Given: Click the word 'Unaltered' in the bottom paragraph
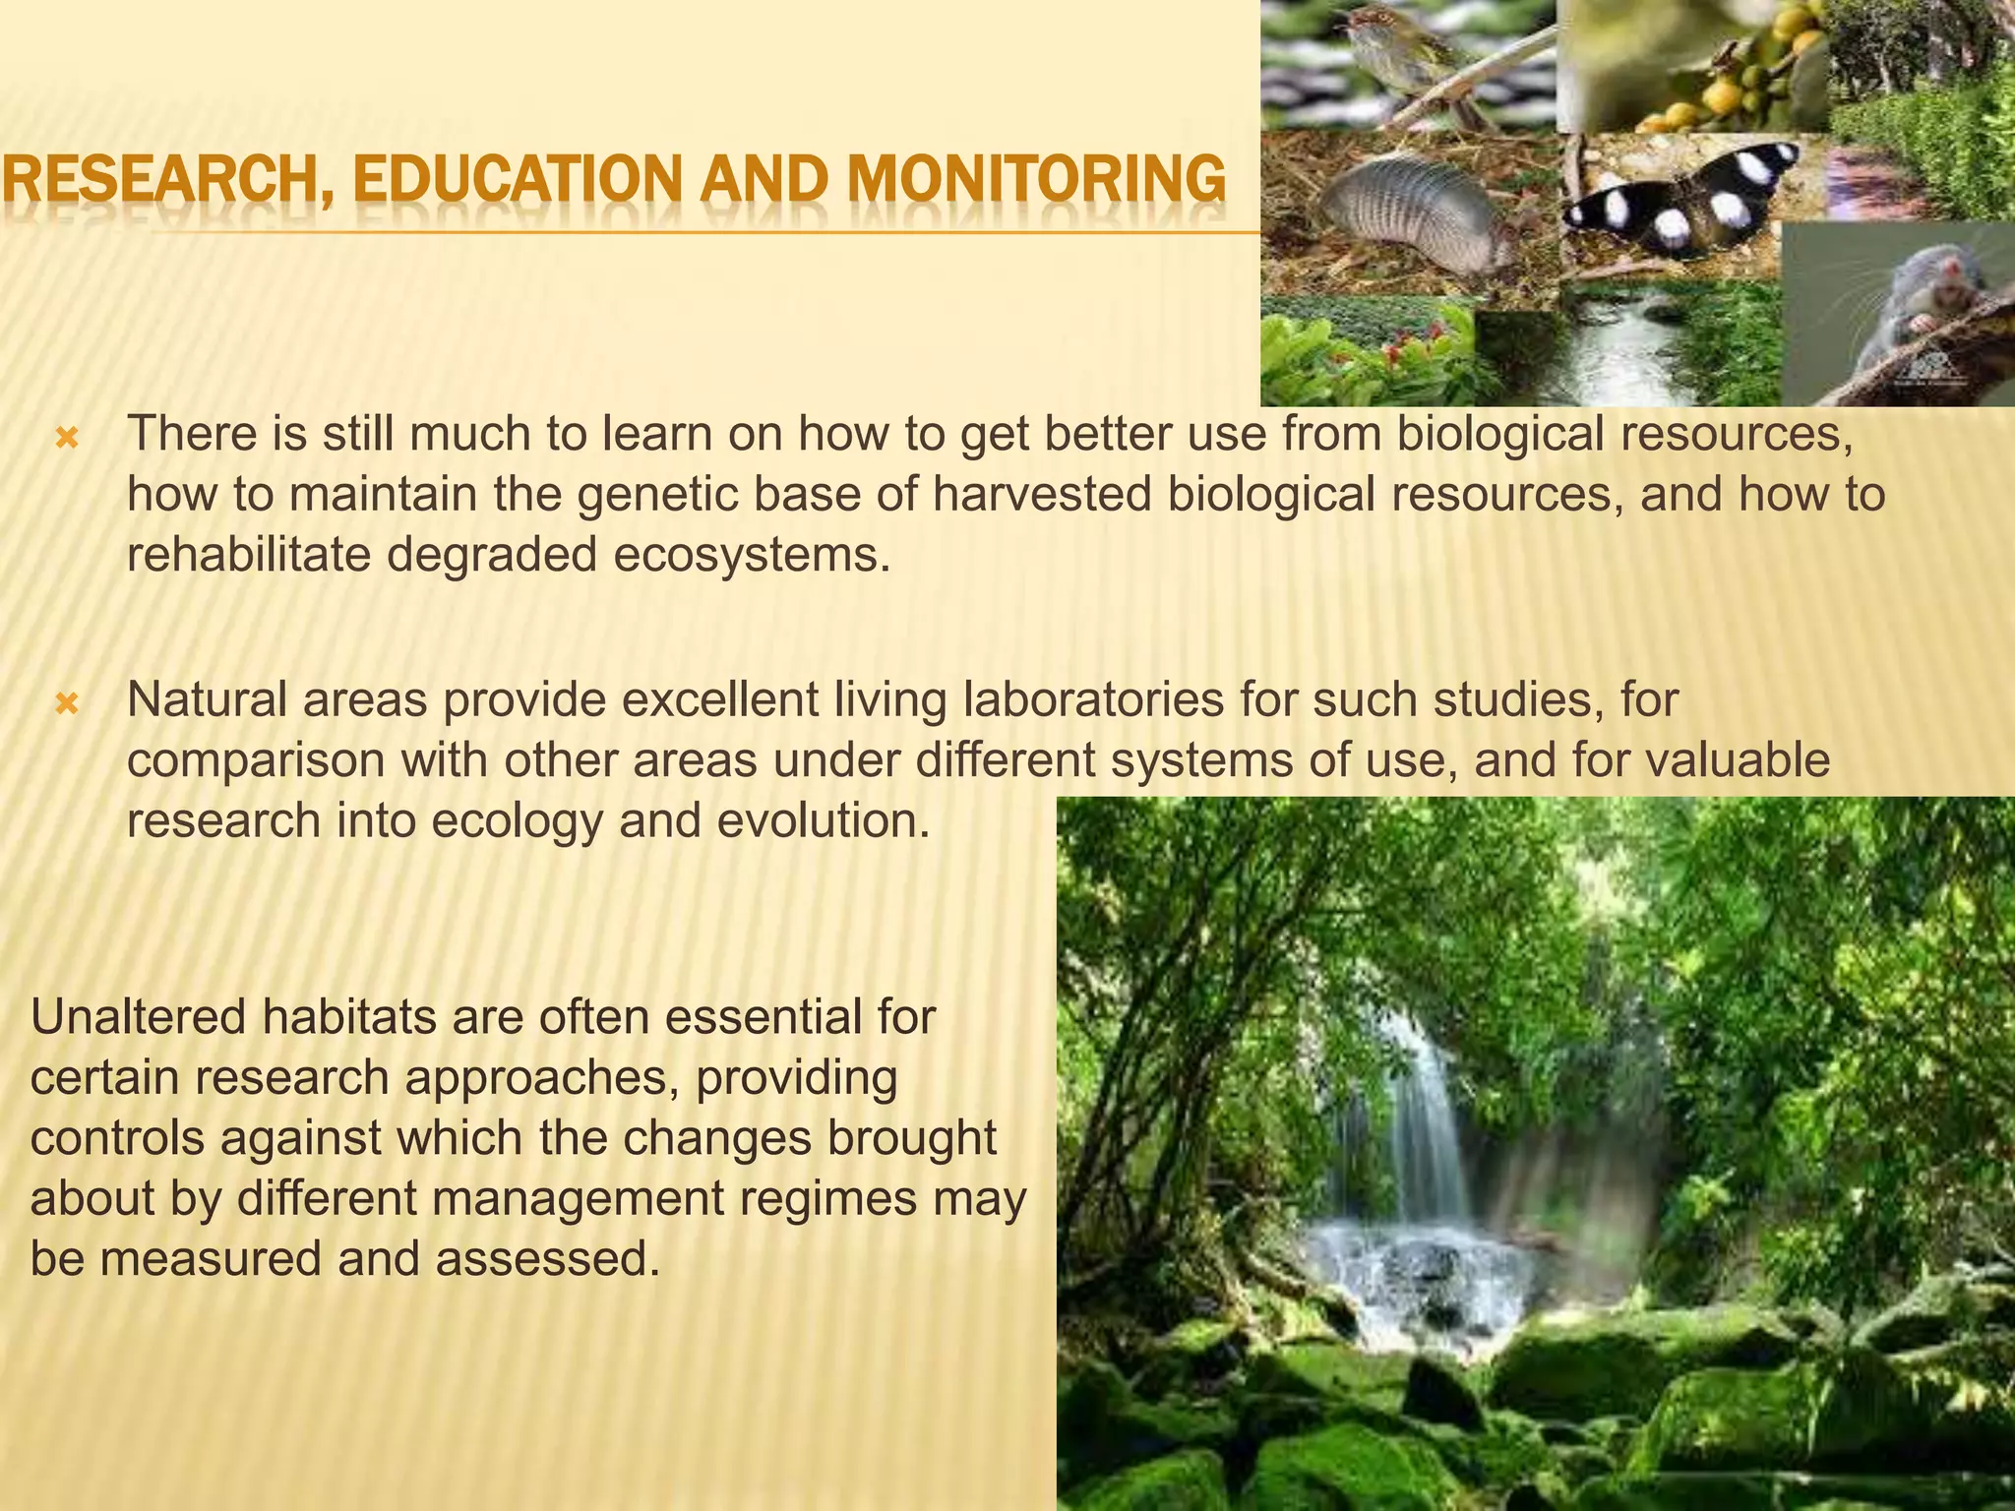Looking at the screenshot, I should (137, 1016).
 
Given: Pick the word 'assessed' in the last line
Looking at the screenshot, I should (546, 1259).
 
